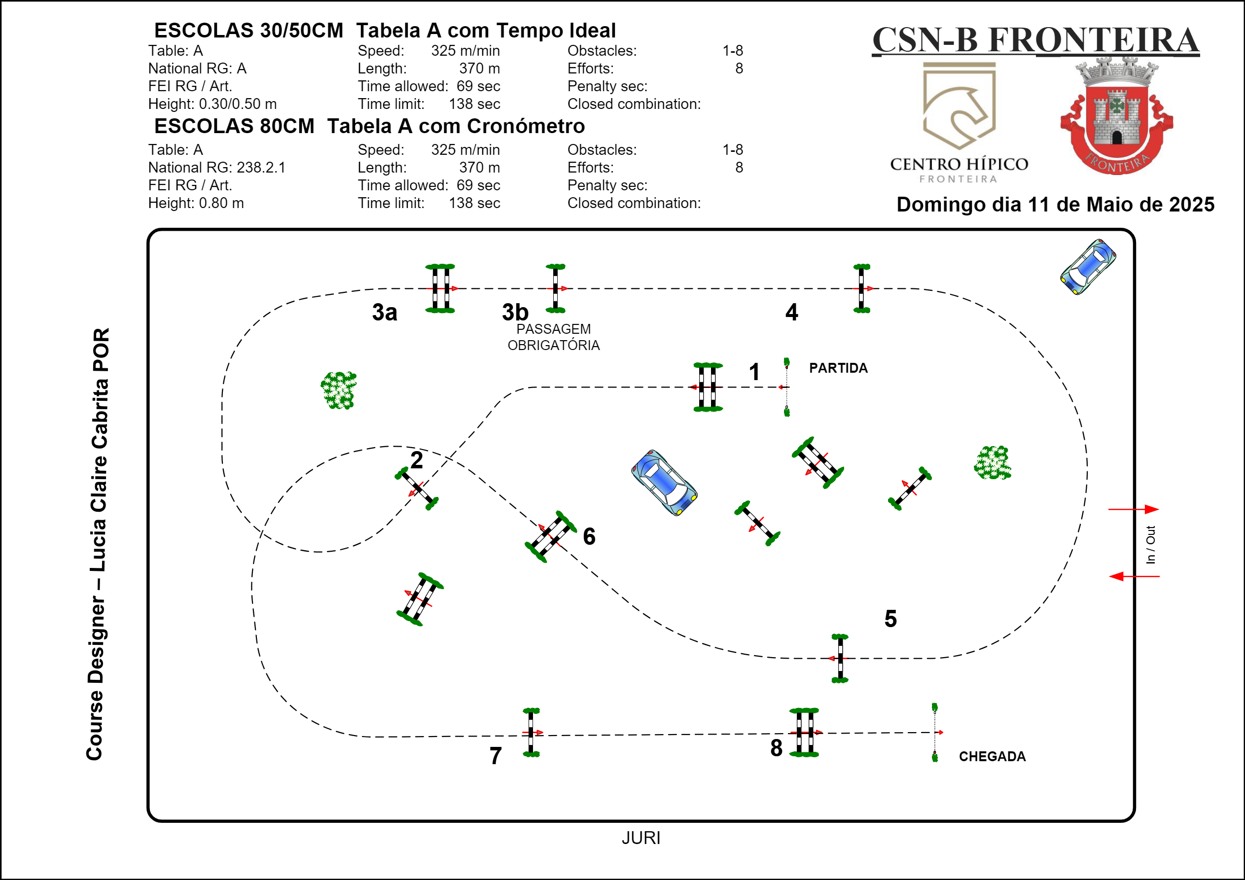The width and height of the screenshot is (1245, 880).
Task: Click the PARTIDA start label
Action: [838, 368]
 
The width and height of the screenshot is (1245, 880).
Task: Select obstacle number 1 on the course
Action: [707, 387]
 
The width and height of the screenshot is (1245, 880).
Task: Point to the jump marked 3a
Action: [440, 288]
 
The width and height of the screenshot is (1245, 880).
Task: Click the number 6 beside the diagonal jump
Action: [589, 536]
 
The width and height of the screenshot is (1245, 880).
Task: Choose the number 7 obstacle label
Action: [496, 756]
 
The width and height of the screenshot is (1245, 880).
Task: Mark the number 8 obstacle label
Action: [776, 748]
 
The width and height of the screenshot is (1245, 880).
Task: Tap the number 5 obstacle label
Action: [890, 619]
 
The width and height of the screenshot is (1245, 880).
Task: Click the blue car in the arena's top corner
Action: [1088, 267]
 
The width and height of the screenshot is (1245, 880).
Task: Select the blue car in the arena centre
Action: [664, 482]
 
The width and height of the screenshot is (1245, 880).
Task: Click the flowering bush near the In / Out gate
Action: [993, 462]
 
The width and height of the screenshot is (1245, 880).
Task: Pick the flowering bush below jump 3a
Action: [339, 390]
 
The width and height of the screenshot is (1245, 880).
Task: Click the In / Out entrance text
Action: [1150, 544]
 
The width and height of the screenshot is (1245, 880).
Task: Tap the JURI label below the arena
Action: [641, 838]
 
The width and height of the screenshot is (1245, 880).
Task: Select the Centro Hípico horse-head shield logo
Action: [959, 106]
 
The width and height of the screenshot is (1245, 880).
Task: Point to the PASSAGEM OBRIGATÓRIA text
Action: [553, 337]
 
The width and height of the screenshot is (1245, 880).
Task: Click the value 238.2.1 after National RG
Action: [261, 168]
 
